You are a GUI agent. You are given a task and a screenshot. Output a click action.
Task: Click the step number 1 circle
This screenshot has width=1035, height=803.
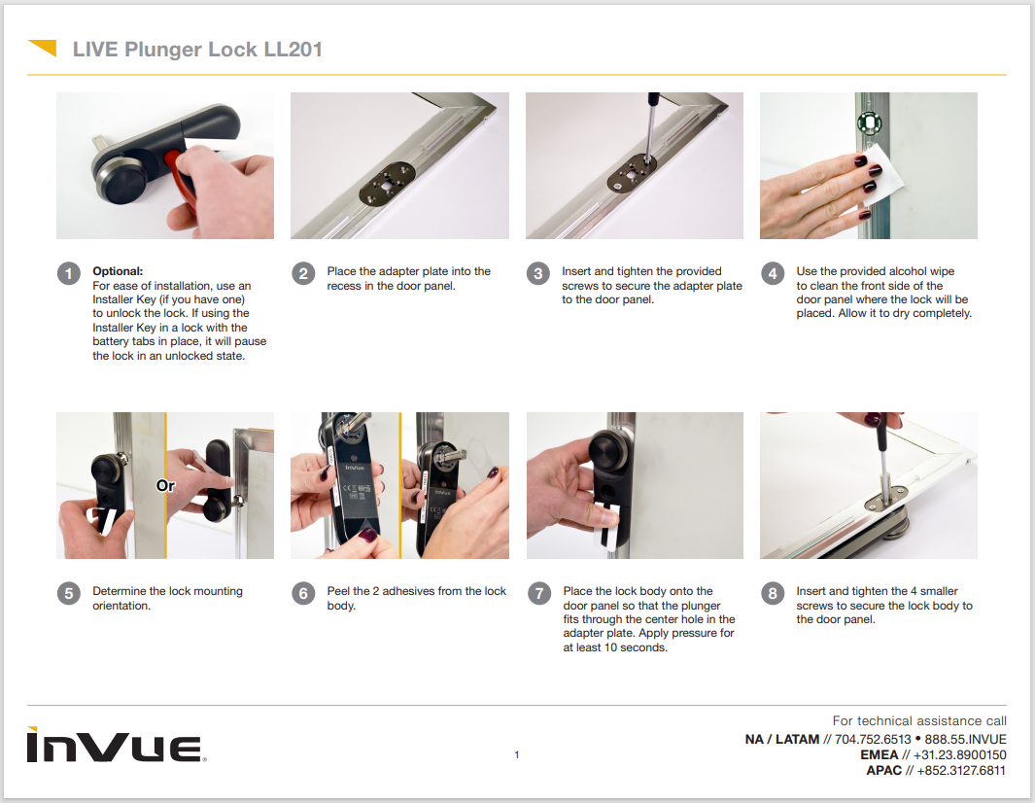click(x=68, y=274)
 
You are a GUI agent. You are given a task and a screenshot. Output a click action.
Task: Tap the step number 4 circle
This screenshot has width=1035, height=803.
click(x=773, y=274)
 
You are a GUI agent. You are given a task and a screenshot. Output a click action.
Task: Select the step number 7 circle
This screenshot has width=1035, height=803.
click(x=538, y=594)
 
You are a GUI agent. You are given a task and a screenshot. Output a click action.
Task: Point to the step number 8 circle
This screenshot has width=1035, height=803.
click(x=773, y=594)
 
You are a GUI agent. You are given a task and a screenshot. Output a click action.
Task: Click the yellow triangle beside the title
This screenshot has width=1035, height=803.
click(x=43, y=48)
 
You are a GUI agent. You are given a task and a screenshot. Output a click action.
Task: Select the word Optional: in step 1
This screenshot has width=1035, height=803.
click(x=118, y=271)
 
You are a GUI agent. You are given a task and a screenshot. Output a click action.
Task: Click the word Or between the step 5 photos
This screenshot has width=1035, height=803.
click(x=166, y=484)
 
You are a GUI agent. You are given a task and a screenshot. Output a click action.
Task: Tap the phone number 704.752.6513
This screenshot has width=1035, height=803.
click(x=873, y=739)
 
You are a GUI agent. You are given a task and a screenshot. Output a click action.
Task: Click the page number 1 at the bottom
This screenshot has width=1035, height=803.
click(x=517, y=755)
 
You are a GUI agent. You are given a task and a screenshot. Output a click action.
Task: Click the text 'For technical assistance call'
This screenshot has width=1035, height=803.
click(x=918, y=720)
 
